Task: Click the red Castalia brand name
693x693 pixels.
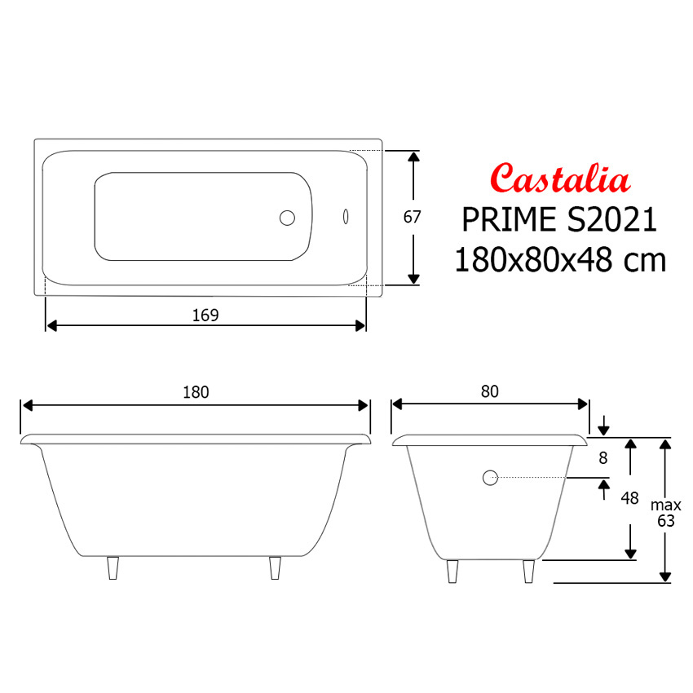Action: point(560,178)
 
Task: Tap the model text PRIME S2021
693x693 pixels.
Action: point(559,219)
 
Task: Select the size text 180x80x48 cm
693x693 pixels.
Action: point(560,260)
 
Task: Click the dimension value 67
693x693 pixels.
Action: point(413,218)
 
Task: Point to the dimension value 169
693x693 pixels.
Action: point(205,315)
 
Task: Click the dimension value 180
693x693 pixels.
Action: point(196,392)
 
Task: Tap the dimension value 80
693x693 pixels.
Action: point(489,392)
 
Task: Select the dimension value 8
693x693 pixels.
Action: point(603,458)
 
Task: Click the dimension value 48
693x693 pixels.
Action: point(629,498)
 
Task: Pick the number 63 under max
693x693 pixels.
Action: point(666,521)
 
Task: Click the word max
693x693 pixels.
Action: point(666,505)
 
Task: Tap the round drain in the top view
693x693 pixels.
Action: point(288,218)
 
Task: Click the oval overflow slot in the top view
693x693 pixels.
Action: point(346,218)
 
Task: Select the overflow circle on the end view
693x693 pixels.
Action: point(490,479)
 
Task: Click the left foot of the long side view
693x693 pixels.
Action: point(113,568)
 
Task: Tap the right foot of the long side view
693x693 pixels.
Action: point(276,568)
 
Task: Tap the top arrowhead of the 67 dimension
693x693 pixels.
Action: point(413,157)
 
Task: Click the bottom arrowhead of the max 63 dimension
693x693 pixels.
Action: point(665,577)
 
